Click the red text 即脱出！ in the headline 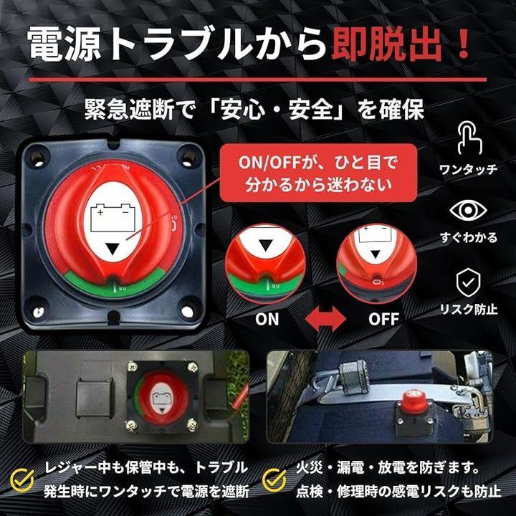pyautogui.click(x=401, y=44)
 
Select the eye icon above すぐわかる pyautogui.click(x=468, y=210)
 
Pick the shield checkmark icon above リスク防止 pyautogui.click(x=468, y=282)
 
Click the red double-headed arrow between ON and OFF pyautogui.click(x=326, y=318)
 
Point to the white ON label pyautogui.click(x=267, y=319)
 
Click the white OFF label pyautogui.click(x=383, y=319)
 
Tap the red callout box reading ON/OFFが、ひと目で pyautogui.click(x=318, y=173)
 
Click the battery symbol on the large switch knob pyautogui.click(x=113, y=218)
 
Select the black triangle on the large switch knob pyautogui.click(x=113, y=249)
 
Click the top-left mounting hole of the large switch pyautogui.click(x=37, y=158)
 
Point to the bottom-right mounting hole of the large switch pyautogui.click(x=187, y=310)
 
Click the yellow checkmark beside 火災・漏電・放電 pyautogui.click(x=274, y=479)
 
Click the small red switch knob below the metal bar pyautogui.click(x=412, y=400)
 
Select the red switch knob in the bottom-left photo pyautogui.click(x=162, y=399)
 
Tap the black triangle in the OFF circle pyautogui.click(x=376, y=254)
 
